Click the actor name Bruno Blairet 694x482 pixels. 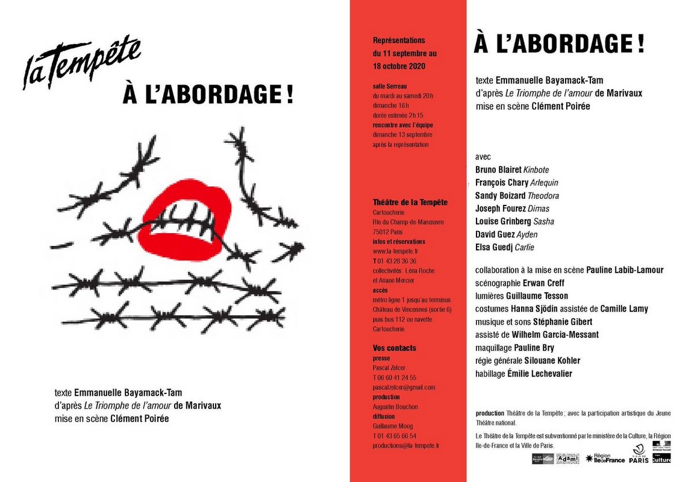point(498,170)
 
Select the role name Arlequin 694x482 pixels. point(544,183)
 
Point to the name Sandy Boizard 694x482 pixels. point(500,196)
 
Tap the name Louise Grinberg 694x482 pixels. point(503,222)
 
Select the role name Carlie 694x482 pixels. point(524,248)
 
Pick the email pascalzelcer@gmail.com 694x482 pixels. point(404,387)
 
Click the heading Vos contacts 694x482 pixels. point(395,348)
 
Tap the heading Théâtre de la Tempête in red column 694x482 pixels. point(410,202)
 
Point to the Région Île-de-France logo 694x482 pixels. point(603,459)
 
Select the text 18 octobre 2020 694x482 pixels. point(399,66)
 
